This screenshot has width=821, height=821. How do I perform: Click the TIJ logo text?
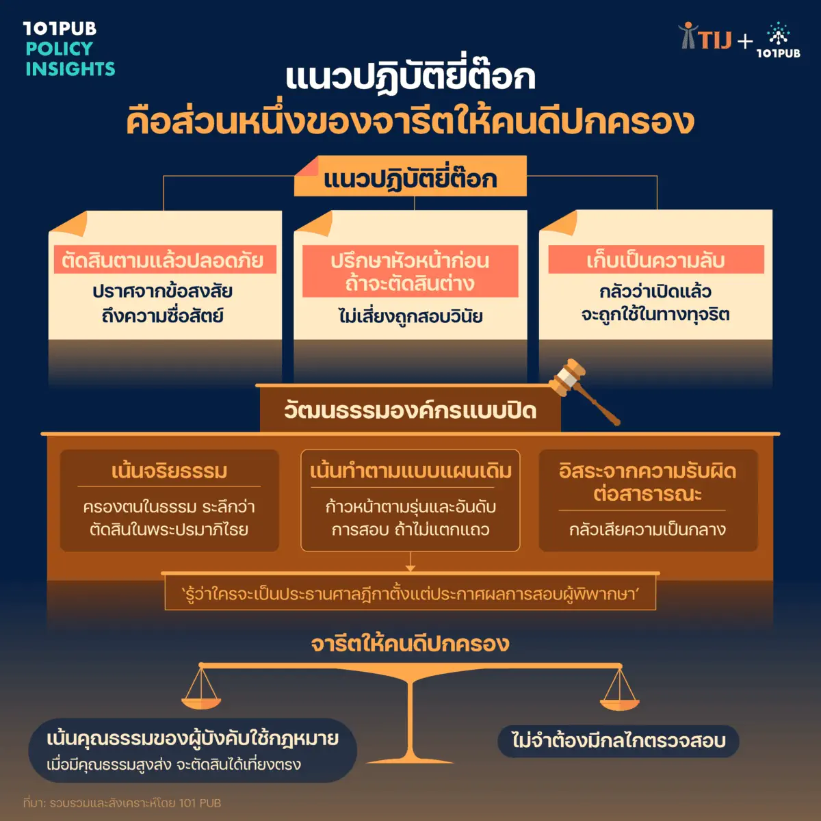(716, 40)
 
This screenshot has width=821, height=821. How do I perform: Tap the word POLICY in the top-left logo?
(60, 49)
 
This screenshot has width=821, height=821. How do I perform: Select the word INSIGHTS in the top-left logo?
(70, 68)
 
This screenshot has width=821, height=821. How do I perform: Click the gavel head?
(566, 377)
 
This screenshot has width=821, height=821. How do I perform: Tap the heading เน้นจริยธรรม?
(169, 471)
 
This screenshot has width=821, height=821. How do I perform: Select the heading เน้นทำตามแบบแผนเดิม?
(410, 471)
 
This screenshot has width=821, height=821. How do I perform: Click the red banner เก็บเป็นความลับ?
(656, 259)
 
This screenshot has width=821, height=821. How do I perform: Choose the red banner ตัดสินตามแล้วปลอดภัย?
(165, 259)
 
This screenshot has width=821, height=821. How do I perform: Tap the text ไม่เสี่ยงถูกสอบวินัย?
(410, 317)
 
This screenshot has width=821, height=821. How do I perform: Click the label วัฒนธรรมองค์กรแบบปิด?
(410, 410)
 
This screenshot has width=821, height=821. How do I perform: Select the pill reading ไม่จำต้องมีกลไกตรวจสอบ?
(618, 742)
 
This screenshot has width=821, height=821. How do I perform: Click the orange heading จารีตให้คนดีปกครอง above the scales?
(410, 644)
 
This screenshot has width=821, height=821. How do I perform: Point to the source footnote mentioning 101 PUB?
(122, 803)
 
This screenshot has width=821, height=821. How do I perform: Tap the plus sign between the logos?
(745, 42)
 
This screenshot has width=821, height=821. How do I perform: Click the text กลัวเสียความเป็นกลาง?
(648, 530)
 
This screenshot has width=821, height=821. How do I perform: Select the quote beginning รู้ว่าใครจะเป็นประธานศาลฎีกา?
(410, 593)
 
